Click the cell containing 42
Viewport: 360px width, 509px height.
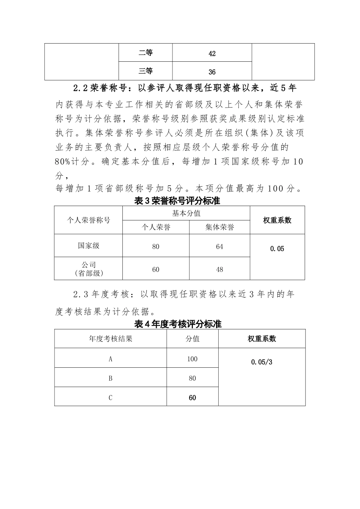coord(212,53)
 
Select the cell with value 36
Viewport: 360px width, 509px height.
coord(212,72)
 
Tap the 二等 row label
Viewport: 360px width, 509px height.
coord(146,53)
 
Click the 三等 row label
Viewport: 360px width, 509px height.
coord(146,71)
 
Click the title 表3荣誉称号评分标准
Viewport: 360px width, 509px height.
coord(177,201)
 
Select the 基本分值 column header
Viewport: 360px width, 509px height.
coord(186,214)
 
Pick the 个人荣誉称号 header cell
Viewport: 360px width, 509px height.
coord(88,220)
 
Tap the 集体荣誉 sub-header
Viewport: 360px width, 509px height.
coord(219,227)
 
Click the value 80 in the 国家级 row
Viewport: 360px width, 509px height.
coord(155,247)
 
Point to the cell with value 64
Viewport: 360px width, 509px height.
coord(219,247)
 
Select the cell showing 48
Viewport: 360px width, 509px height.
coord(219,270)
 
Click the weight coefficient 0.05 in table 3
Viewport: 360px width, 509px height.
coord(277,249)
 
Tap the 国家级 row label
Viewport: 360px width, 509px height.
coord(88,245)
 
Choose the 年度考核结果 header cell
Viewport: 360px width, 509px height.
coord(111,339)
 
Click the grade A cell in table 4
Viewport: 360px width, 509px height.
coord(111,359)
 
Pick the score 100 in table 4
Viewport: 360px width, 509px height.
coord(192,359)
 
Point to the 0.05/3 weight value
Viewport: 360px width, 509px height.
coord(261,362)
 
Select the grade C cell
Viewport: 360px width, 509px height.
coord(111,398)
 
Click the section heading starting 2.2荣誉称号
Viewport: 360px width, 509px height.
coord(185,88)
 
